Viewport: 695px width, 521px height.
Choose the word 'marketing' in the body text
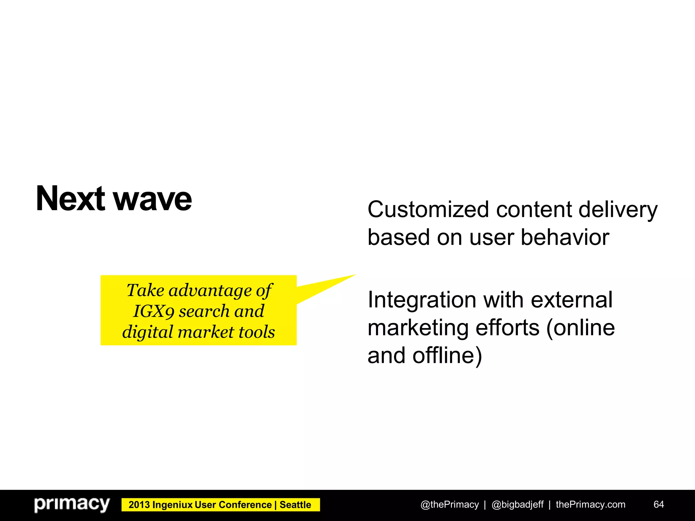(418, 328)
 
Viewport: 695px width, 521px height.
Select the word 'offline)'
(447, 355)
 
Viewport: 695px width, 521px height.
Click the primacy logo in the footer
(72, 504)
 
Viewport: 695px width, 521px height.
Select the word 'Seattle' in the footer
(295, 505)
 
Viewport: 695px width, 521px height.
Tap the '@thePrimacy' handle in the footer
(449, 505)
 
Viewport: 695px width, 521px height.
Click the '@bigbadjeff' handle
(518, 505)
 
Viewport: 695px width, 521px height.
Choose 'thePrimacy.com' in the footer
(590, 505)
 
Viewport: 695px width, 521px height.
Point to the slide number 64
(659, 505)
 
